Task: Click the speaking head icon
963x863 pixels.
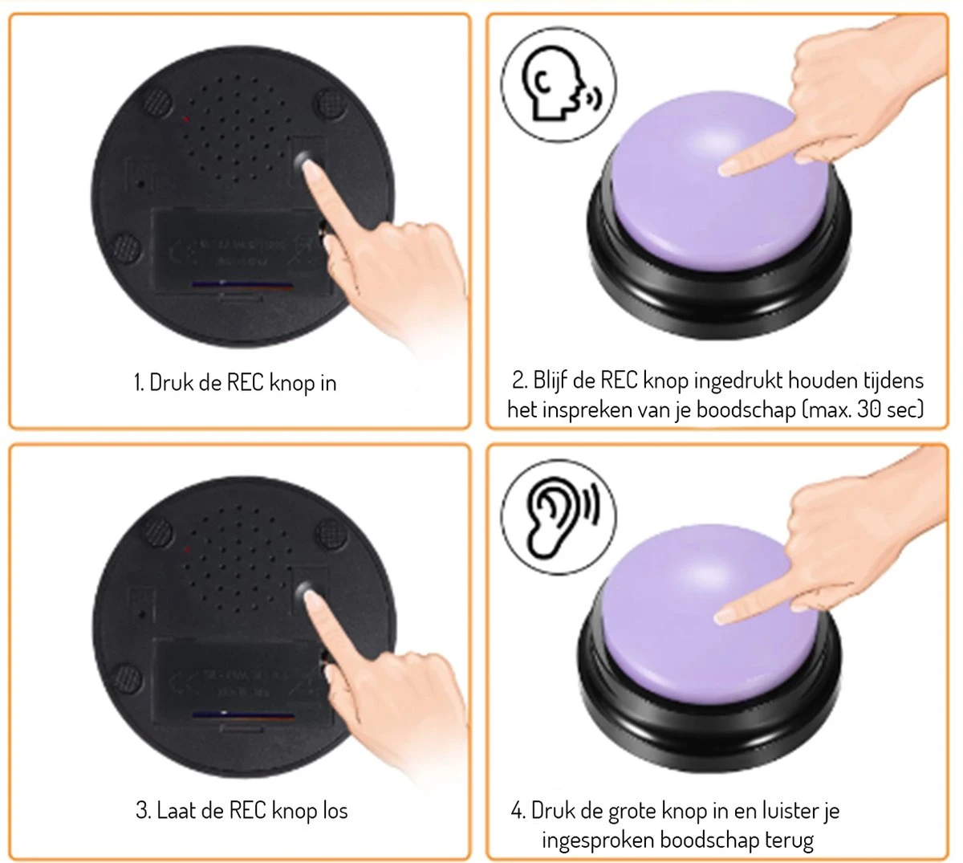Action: [x=559, y=83]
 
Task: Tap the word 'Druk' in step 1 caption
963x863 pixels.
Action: [x=169, y=382]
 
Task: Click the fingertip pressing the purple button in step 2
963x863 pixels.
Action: [x=725, y=169]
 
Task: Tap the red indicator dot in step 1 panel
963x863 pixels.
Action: [x=186, y=119]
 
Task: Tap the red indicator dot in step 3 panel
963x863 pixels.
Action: [x=187, y=550]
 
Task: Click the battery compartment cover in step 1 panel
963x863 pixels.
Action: [x=240, y=252]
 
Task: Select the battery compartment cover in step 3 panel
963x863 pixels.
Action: [x=242, y=682]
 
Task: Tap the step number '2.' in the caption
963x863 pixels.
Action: [x=520, y=381]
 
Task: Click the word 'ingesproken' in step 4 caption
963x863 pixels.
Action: [x=599, y=841]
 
